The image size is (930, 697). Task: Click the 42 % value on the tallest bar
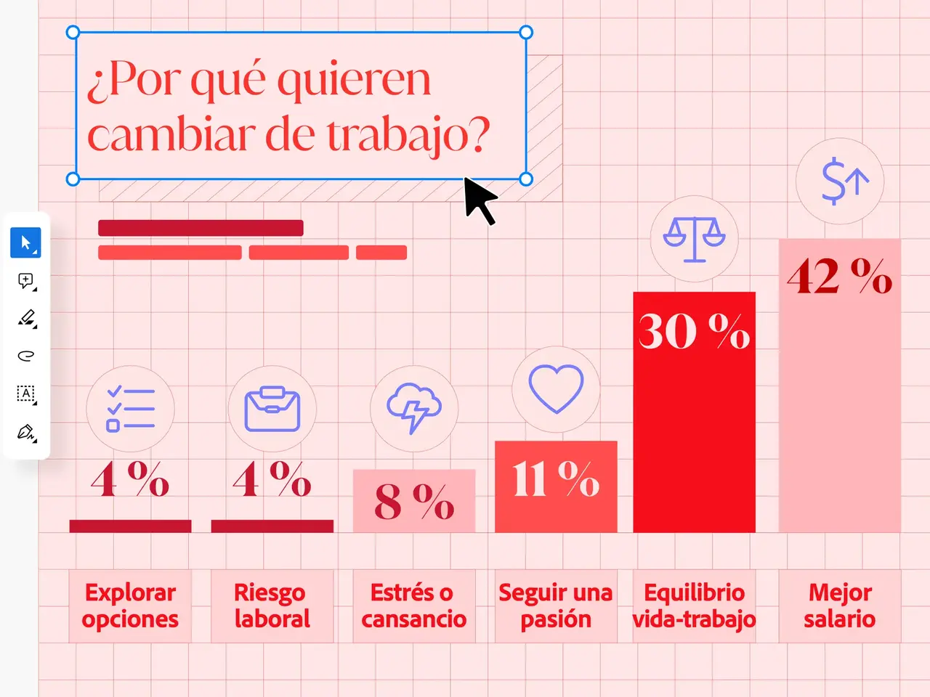839,277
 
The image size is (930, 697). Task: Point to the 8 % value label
413,501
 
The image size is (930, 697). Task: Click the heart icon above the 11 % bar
556,389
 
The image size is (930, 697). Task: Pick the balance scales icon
694,239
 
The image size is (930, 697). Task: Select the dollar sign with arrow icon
841,182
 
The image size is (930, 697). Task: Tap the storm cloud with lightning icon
414,408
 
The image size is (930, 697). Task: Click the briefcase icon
272,409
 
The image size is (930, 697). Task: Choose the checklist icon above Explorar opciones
131,409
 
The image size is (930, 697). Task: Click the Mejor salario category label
839,606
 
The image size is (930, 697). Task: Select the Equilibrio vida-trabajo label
694,606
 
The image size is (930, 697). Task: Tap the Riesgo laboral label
272,606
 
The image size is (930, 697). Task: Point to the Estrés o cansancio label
413,606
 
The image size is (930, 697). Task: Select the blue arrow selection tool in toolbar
25,242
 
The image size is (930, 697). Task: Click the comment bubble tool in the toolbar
25,280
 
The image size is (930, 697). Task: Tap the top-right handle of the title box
526,32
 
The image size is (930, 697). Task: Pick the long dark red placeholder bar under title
201,228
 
